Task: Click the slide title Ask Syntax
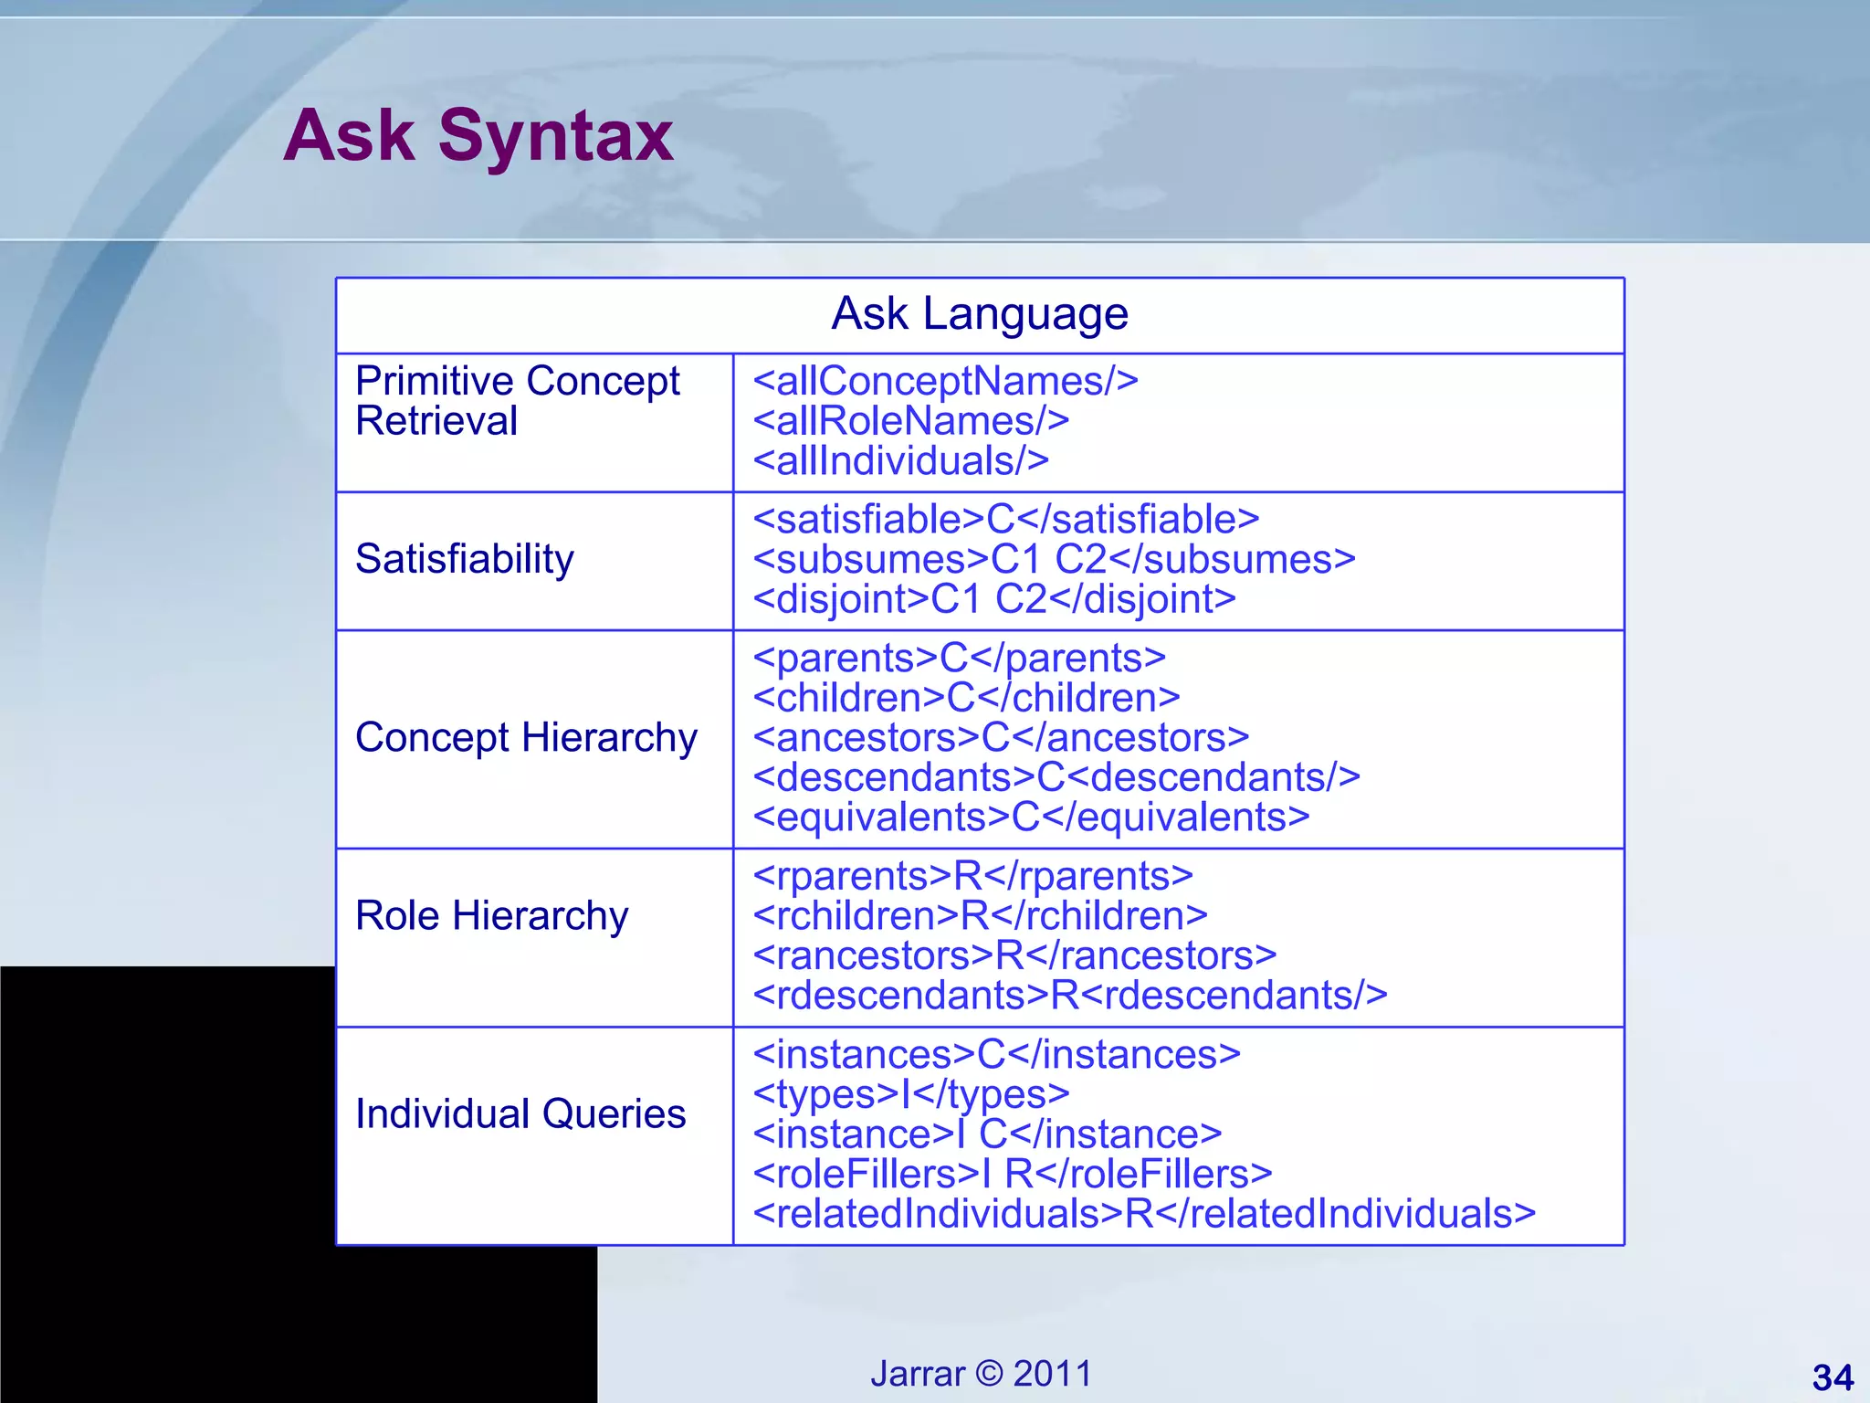tap(478, 135)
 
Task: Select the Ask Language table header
tap(980, 314)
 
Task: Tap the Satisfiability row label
tap(465, 559)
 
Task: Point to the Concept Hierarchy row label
tap(526, 738)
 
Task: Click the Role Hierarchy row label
tap(492, 915)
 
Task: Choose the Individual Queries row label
tap(520, 1114)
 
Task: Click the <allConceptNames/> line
tap(945, 382)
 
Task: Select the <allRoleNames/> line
tap(910, 422)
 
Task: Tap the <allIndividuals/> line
tap(900, 461)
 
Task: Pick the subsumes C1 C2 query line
tap(1054, 560)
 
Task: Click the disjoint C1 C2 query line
tap(994, 600)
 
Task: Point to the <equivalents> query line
tap(1031, 818)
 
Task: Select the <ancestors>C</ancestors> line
tap(1001, 738)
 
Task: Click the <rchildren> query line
tap(980, 915)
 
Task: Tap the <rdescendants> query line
tap(1069, 996)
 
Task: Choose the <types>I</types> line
tap(910, 1094)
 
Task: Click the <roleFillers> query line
tap(1012, 1175)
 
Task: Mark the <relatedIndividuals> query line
tap(1144, 1215)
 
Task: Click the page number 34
tap(1833, 1377)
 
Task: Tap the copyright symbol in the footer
tap(989, 1374)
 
